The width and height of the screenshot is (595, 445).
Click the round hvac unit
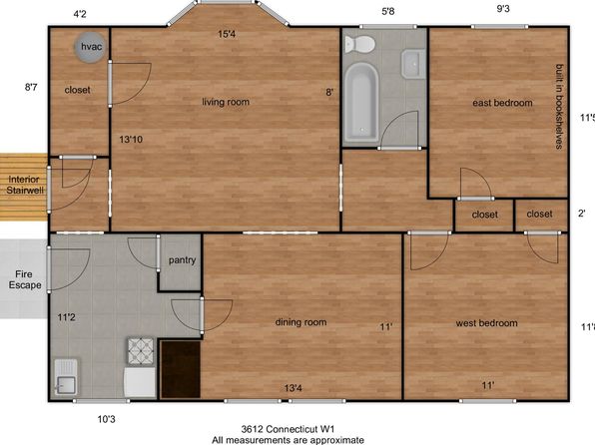pyautogui.click(x=90, y=47)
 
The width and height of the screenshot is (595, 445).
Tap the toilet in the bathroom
pyautogui.click(x=359, y=44)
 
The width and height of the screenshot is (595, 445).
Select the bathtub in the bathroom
pyautogui.click(x=361, y=102)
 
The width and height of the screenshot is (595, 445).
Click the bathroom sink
pyautogui.click(x=413, y=64)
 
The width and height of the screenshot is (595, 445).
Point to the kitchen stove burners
pyautogui.click(x=141, y=351)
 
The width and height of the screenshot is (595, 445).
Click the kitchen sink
pyautogui.click(x=66, y=376)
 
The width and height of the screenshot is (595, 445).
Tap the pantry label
pyautogui.click(x=182, y=260)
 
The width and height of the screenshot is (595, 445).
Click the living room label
pyautogui.click(x=226, y=102)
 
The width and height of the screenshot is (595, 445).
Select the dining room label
pyautogui.click(x=300, y=322)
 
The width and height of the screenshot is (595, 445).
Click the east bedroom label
pyautogui.click(x=502, y=103)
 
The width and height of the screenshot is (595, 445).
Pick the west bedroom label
pyautogui.click(x=487, y=323)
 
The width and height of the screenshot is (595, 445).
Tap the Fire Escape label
pyautogui.click(x=25, y=279)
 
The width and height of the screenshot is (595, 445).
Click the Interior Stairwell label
pyautogui.click(x=25, y=185)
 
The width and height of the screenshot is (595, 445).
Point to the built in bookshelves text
pyautogui.click(x=559, y=106)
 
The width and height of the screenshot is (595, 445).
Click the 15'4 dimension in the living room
pyautogui.click(x=227, y=34)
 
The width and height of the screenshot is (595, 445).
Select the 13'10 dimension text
pyautogui.click(x=131, y=140)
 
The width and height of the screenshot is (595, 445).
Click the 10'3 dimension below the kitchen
pyautogui.click(x=106, y=419)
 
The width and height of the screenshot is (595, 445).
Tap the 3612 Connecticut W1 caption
pyautogui.click(x=288, y=429)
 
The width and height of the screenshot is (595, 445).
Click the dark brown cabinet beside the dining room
pyautogui.click(x=181, y=369)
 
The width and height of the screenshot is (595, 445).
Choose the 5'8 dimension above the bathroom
pyautogui.click(x=387, y=11)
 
